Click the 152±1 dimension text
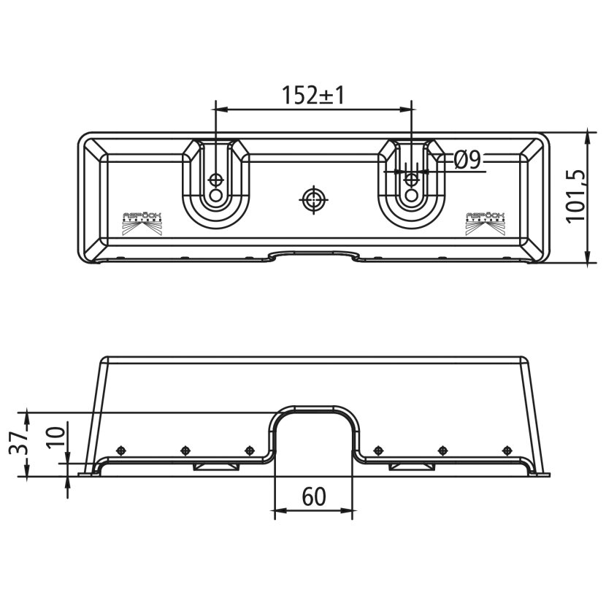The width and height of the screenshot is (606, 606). pos(312,95)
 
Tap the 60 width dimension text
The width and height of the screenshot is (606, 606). pos(312,496)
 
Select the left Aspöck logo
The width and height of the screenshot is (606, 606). pos(143,223)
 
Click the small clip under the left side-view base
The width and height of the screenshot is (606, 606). pos(215,466)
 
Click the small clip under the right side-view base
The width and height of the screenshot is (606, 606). pos(410,466)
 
